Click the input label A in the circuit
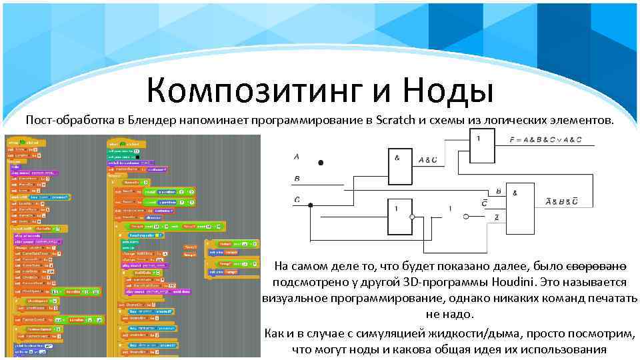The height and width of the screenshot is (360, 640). (x=297, y=157)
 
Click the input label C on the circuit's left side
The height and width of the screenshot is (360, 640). (x=296, y=200)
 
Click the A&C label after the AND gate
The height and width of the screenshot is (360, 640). (x=428, y=159)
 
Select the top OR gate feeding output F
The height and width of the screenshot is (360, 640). (x=483, y=147)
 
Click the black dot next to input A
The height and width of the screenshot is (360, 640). (x=321, y=163)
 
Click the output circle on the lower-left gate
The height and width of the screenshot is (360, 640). (x=413, y=217)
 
